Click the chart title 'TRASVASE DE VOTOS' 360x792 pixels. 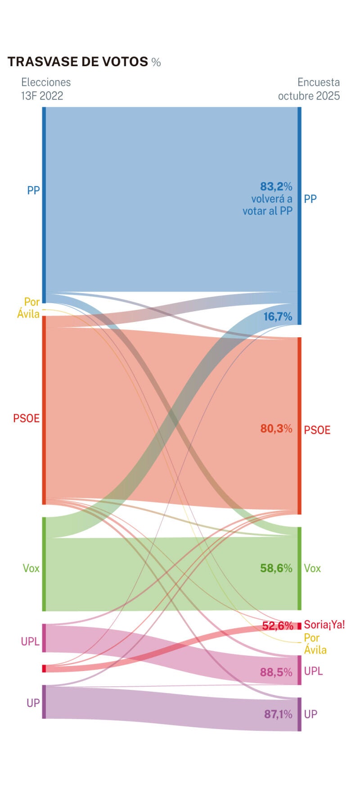(x=77, y=62)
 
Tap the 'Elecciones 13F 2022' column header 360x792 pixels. (x=46, y=89)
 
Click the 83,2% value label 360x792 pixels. (x=276, y=186)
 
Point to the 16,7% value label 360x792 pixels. (x=278, y=317)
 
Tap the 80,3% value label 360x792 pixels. (x=276, y=429)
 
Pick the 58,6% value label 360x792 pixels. (x=276, y=568)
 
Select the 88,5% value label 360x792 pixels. (x=276, y=672)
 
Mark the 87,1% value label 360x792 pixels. (x=278, y=714)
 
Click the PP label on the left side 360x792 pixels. (x=33, y=190)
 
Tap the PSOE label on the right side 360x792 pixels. (x=317, y=430)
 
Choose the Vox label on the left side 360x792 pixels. (x=31, y=568)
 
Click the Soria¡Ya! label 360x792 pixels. (x=324, y=624)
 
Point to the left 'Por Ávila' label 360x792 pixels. (x=29, y=308)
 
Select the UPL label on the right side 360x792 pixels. (x=314, y=671)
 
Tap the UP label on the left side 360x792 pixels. (x=33, y=703)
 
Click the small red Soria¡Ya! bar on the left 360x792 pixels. (x=44, y=668)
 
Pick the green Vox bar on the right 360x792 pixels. (x=299, y=568)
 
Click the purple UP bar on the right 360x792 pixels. (x=299, y=714)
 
